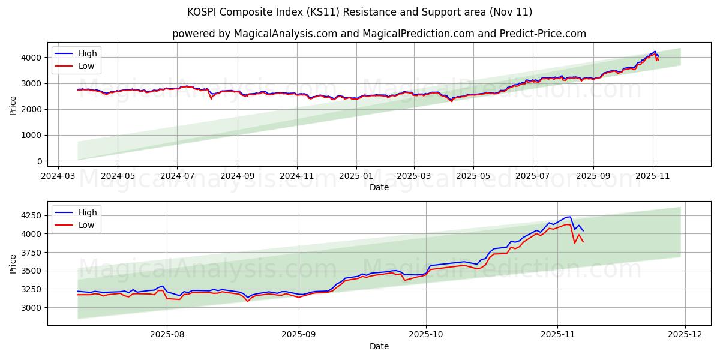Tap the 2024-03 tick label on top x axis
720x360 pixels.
point(58,176)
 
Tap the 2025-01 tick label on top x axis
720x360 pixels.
point(356,176)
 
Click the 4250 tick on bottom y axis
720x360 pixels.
point(32,215)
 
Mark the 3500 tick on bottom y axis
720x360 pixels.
point(32,271)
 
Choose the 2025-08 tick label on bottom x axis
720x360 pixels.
point(167,334)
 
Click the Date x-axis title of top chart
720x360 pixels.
point(379,187)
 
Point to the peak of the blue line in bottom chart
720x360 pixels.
point(569,217)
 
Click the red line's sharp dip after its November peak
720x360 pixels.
point(574,243)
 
